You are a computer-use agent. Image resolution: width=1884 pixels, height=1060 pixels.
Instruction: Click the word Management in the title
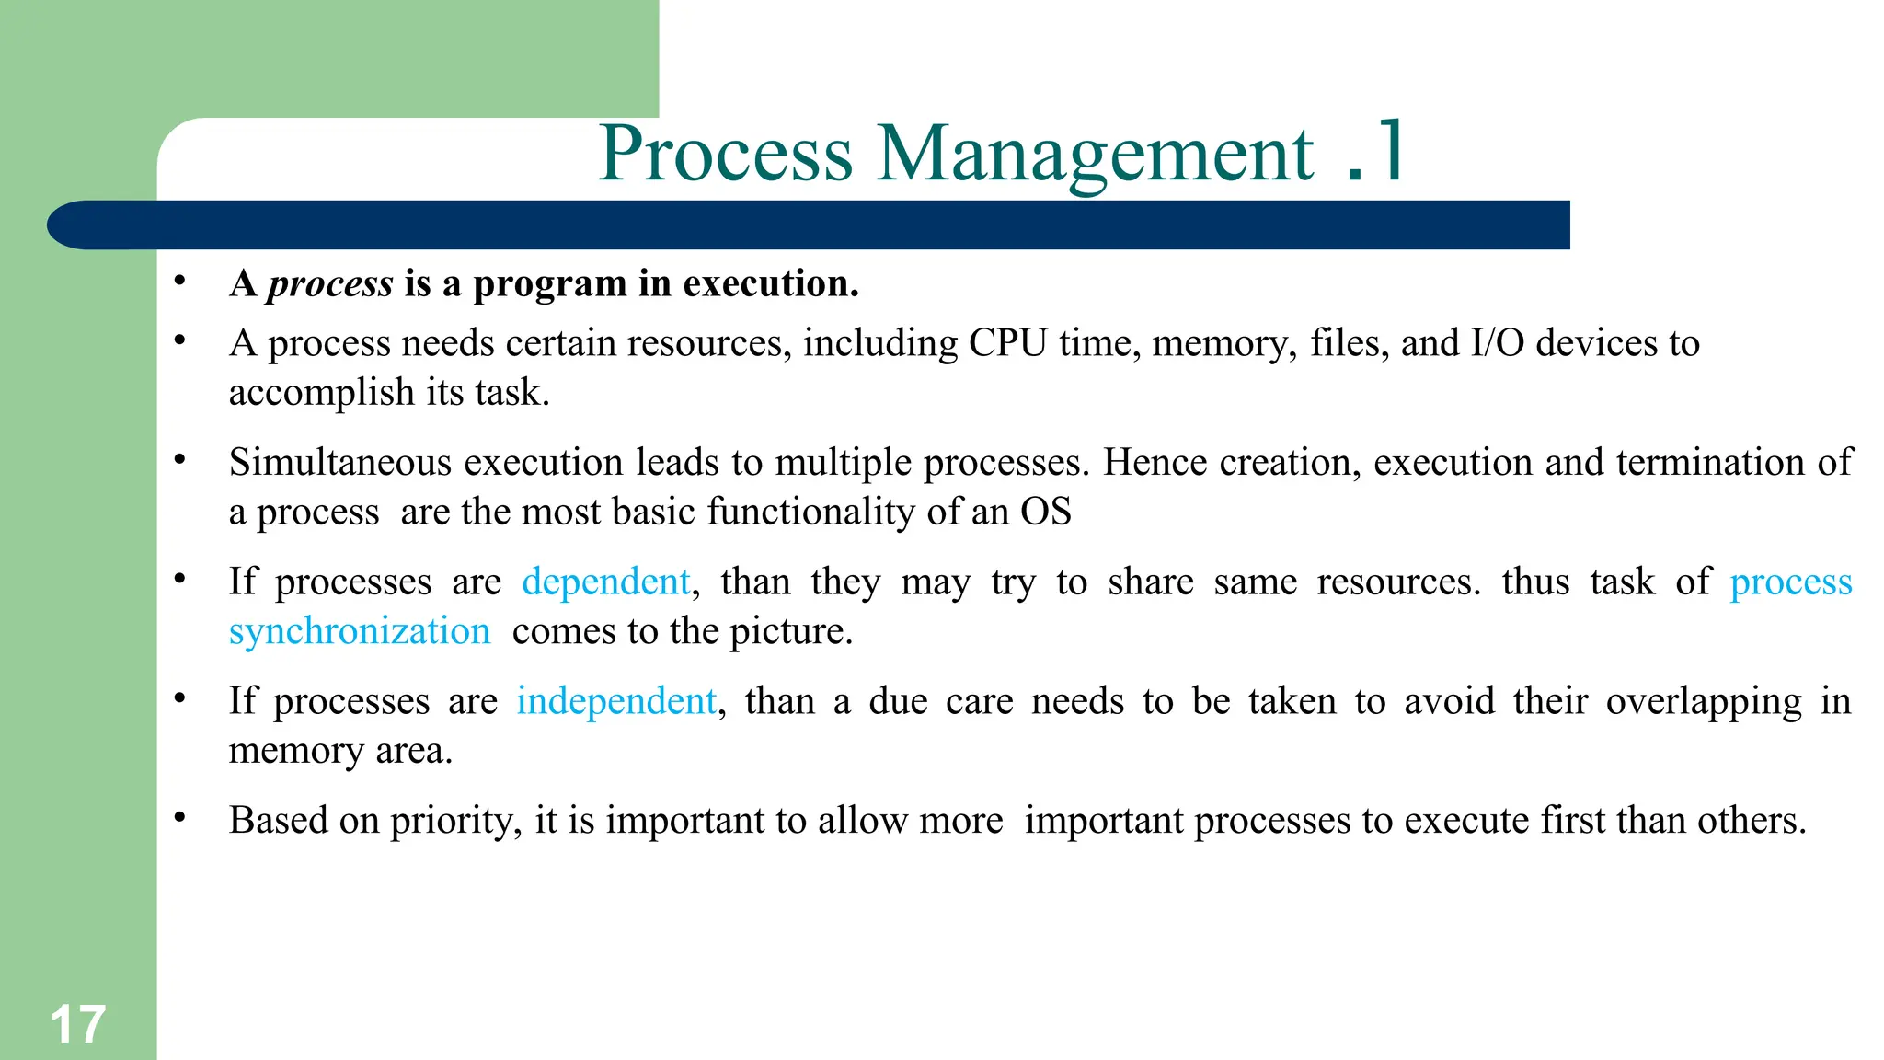tap(1095, 155)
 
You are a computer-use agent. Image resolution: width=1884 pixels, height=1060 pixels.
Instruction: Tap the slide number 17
tap(77, 1024)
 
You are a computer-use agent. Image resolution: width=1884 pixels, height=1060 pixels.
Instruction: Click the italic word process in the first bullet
tap(329, 284)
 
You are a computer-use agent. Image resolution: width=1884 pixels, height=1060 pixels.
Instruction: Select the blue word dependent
tap(605, 582)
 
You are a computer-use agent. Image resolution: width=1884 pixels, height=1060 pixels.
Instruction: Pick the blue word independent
tap(615, 701)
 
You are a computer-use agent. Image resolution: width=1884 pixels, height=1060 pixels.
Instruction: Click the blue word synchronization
tap(360, 632)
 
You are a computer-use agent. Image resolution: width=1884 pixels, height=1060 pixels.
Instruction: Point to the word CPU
tap(1007, 343)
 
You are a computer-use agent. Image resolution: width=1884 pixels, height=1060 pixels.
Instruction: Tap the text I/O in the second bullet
tap(1497, 343)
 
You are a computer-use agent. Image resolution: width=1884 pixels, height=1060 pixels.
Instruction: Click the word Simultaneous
tap(340, 462)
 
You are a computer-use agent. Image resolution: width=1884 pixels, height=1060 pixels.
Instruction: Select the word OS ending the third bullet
tap(1046, 512)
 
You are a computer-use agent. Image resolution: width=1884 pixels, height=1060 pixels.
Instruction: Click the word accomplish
tap(321, 393)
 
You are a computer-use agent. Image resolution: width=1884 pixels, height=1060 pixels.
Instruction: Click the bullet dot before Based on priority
tap(180, 817)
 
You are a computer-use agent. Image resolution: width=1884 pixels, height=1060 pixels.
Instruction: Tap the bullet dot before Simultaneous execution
tap(180, 459)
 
